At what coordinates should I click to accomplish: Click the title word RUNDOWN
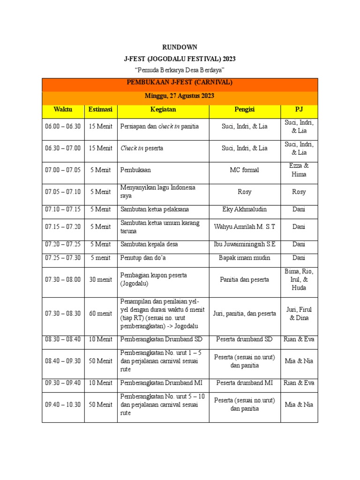[180, 47]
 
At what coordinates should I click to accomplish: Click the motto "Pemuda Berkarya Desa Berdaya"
[180, 70]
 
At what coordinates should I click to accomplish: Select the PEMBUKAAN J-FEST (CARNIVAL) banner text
[180, 82]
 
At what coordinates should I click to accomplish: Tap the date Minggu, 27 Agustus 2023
[180, 96]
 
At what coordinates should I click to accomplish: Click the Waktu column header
[63, 109]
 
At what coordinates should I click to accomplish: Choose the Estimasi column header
[100, 109]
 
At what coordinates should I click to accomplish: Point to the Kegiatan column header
[163, 109]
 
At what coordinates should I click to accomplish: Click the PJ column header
[299, 109]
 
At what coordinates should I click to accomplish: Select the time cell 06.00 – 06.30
[63, 126]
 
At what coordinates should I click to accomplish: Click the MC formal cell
[244, 170]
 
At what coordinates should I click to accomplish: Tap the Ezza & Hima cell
[299, 170]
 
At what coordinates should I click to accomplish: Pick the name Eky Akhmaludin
[244, 209]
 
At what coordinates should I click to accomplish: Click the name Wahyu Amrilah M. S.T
[244, 226]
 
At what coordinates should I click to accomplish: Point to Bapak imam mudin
[244, 257]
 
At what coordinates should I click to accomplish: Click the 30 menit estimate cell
[100, 279]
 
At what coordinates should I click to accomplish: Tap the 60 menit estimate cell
[100, 313]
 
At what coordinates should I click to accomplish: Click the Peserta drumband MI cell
[244, 382]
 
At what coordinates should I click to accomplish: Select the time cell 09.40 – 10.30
[63, 405]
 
